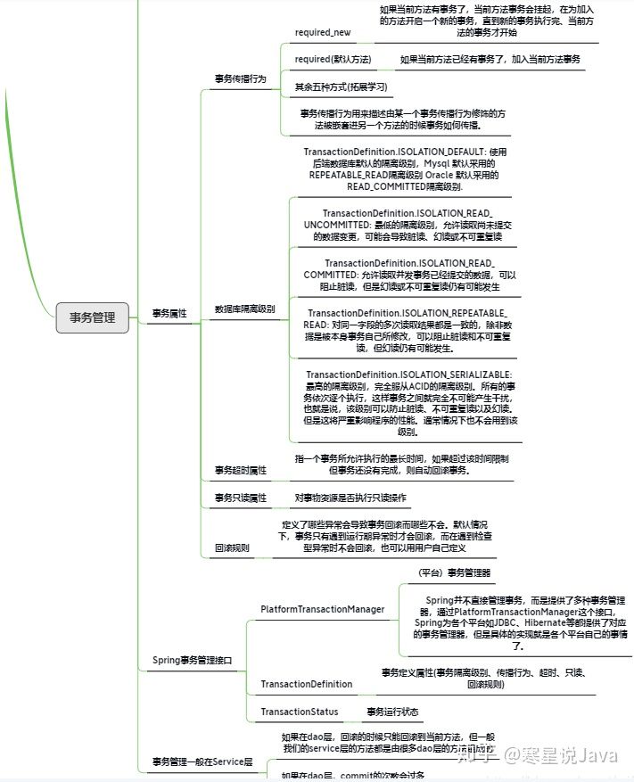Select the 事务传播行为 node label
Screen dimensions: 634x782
(x=241, y=78)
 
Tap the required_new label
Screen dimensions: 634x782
(x=322, y=32)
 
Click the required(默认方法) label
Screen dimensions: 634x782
(x=333, y=59)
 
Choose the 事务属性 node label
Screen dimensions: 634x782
(x=169, y=313)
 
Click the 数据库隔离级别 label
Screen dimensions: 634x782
(x=244, y=309)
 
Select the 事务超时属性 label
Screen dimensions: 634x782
(x=241, y=469)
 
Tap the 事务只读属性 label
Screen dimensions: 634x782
(x=241, y=498)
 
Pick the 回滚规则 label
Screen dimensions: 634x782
(x=232, y=547)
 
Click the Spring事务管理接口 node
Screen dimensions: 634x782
(x=193, y=661)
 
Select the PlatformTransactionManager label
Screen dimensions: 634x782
(x=323, y=609)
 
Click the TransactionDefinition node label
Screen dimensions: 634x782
(x=306, y=684)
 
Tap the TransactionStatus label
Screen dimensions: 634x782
(x=299, y=712)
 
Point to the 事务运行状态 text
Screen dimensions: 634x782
(x=393, y=712)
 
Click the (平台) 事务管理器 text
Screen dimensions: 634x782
(x=454, y=572)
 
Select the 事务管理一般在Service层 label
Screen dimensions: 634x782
(x=202, y=761)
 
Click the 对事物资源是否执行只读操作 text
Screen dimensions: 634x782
(x=350, y=497)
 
